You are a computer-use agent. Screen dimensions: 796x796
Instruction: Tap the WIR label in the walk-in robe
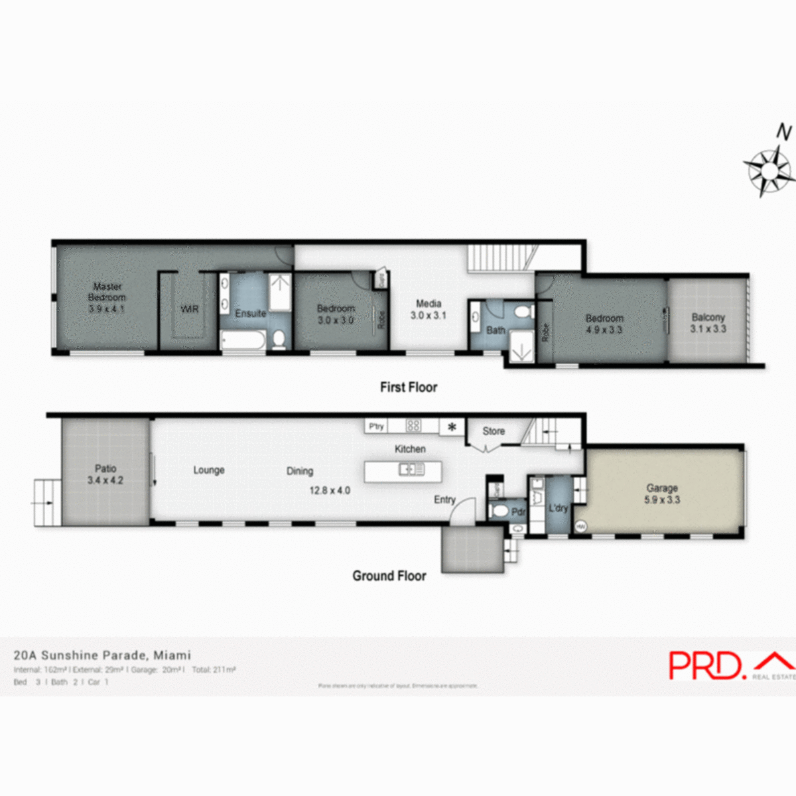pos(190,309)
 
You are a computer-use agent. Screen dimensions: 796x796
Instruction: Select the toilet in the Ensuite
pos(279,339)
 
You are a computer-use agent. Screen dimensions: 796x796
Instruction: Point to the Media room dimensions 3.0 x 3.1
pos(428,316)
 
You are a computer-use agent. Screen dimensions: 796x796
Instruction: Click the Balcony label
pos(708,318)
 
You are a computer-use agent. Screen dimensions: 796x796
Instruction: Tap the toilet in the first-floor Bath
pos(523,312)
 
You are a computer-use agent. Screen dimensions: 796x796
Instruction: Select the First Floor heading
pos(409,387)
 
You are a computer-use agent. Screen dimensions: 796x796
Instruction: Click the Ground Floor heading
pos(389,576)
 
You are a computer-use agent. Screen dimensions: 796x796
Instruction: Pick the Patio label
pos(105,468)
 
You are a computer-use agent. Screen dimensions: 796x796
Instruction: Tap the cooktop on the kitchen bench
pos(413,426)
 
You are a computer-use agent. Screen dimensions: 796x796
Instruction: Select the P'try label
pos(376,427)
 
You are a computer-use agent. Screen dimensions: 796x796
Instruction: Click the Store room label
pos(494,431)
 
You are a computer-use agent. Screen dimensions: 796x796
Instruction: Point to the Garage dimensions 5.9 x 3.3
pos(662,500)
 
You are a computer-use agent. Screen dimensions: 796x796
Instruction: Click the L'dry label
pos(559,508)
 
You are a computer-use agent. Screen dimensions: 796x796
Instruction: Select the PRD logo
pos(705,665)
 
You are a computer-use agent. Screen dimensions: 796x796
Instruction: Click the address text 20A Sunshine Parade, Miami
pos(102,655)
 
